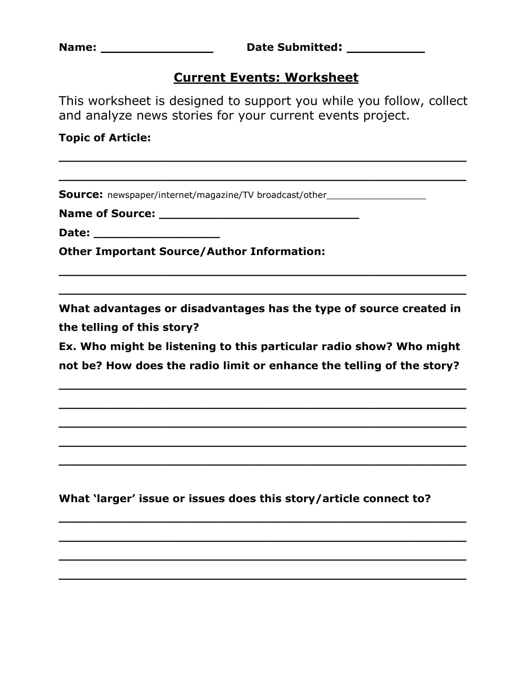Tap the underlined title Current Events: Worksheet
click(x=266, y=78)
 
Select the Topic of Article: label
click(x=105, y=138)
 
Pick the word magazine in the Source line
click(x=217, y=195)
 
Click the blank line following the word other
click(x=376, y=197)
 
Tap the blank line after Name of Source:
click(x=259, y=216)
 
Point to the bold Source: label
click(x=81, y=195)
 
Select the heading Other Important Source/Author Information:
click(x=192, y=251)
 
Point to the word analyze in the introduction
click(x=109, y=115)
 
